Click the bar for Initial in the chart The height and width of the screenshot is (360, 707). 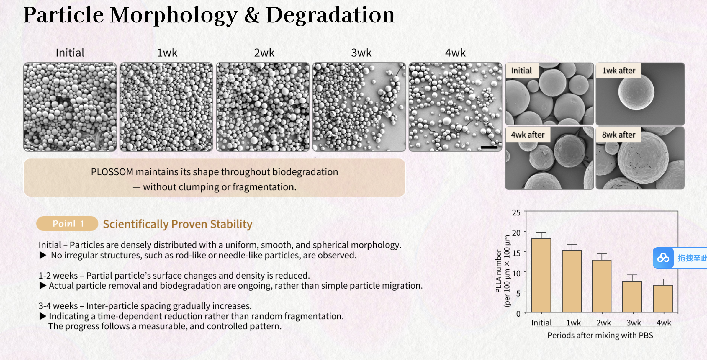tap(541, 275)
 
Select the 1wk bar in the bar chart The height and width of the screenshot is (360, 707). tap(572, 281)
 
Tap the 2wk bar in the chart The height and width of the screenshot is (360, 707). tap(602, 286)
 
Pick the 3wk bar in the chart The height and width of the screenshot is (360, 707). tap(632, 297)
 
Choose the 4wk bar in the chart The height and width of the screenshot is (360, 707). tap(663, 298)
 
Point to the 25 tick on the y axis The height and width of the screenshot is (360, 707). tap(516, 212)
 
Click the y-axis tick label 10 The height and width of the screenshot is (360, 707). tap(516, 273)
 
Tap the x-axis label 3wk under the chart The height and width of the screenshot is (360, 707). tap(634, 323)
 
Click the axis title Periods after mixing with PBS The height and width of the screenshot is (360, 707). tap(600, 335)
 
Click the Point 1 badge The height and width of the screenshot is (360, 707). tap(67, 223)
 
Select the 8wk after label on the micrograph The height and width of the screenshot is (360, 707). tap(618, 135)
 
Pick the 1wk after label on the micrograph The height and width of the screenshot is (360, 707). tap(618, 71)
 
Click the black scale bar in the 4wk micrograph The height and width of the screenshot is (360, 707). tap(489, 147)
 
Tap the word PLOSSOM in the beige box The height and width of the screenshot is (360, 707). tap(112, 172)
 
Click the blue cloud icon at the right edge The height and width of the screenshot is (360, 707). tap(663, 258)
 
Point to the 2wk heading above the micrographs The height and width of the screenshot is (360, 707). tap(264, 53)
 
